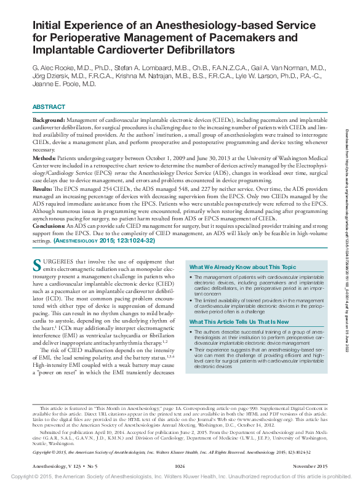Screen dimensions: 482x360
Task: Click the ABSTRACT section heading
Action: tap(49, 107)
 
